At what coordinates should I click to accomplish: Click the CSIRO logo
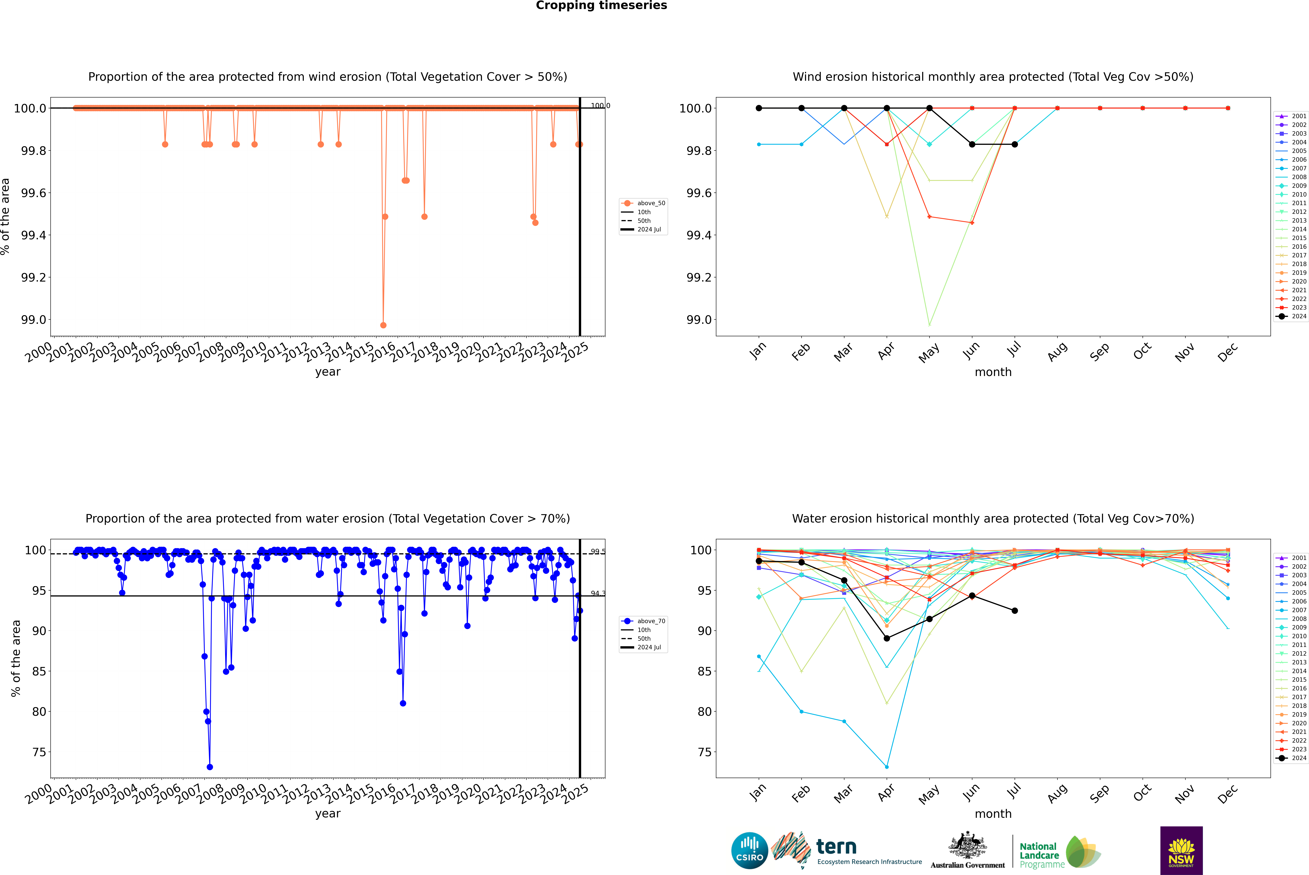(x=749, y=850)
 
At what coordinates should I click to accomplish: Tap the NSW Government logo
(x=1181, y=850)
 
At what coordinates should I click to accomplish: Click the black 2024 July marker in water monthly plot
(x=1014, y=610)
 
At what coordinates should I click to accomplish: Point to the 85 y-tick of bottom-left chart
(x=39, y=671)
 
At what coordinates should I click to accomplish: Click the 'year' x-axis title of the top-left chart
(x=327, y=372)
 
